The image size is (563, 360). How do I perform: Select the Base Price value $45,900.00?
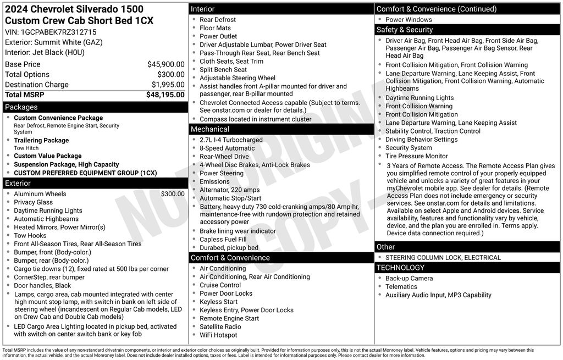(x=165, y=64)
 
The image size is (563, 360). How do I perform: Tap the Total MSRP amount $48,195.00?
(x=165, y=95)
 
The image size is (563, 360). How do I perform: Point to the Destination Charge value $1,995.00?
(x=168, y=85)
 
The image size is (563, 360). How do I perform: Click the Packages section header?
(x=21, y=107)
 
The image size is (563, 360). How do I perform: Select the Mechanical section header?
(x=209, y=129)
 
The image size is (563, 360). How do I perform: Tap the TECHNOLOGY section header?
(x=400, y=268)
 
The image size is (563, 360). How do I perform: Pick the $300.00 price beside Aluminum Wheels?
(x=173, y=194)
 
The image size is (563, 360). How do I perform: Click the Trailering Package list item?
(x=41, y=140)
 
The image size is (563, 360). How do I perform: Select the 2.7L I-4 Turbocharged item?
(x=231, y=140)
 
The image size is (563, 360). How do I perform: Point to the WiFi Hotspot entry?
(x=218, y=335)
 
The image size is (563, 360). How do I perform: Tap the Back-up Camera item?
(x=409, y=279)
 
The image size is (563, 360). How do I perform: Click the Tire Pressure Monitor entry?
(x=416, y=156)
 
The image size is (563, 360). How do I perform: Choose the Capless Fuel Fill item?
(x=223, y=240)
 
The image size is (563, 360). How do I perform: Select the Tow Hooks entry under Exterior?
(x=31, y=235)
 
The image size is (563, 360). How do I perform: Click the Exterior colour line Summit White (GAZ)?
(x=54, y=42)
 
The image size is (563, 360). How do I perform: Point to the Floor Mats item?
(x=215, y=28)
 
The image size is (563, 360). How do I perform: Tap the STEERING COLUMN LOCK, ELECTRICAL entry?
(x=443, y=258)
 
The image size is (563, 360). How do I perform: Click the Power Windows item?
(x=409, y=20)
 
